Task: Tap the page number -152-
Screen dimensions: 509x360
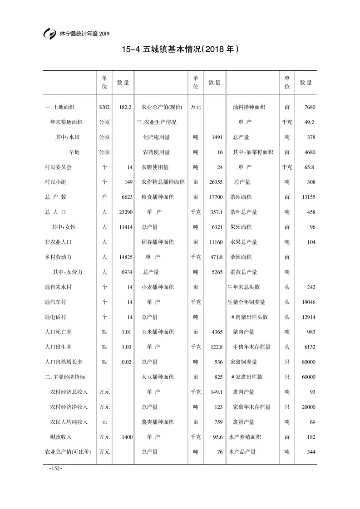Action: tap(55, 468)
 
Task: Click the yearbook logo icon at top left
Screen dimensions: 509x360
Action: tap(49, 34)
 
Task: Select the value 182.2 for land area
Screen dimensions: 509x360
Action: tap(125, 108)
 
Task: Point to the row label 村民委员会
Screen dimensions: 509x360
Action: tap(58, 167)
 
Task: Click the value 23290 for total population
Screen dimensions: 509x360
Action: tap(124, 212)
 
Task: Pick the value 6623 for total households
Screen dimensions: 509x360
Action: tap(125, 197)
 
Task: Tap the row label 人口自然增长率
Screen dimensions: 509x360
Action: tap(63, 362)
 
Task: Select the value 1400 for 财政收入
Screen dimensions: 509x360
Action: tap(125, 437)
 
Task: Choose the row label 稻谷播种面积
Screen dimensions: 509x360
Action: tap(158, 242)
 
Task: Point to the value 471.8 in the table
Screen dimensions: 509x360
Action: tap(216, 257)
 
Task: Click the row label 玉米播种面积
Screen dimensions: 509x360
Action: tap(158, 332)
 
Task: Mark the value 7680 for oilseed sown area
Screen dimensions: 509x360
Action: tap(310, 108)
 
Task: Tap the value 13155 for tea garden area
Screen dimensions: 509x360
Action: tap(308, 197)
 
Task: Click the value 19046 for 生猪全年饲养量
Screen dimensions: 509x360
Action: tap(308, 302)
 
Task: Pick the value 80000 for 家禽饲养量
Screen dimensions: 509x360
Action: tap(308, 362)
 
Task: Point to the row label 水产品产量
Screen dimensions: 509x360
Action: tap(243, 452)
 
